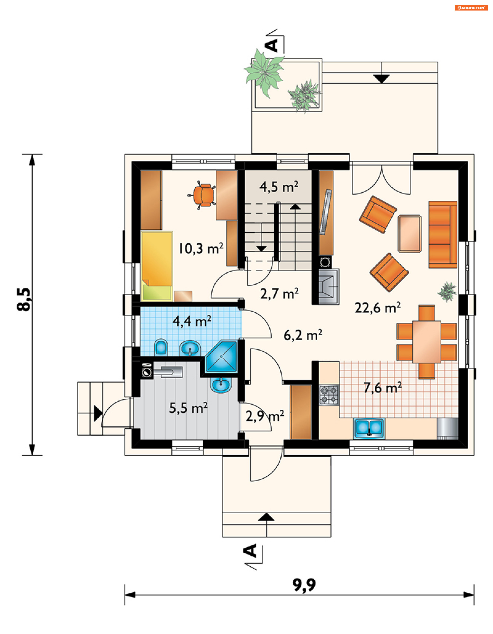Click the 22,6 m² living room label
point(377,308)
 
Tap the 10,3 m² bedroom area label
point(201,248)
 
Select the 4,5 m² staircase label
point(279,187)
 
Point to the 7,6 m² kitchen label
point(383,388)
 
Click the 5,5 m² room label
point(188,408)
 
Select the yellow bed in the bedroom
point(157,266)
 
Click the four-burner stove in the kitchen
point(329,395)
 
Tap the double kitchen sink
point(369,428)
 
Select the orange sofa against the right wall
point(443,234)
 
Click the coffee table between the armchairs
point(410,234)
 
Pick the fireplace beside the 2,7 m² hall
point(329,286)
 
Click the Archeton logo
point(471,8)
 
